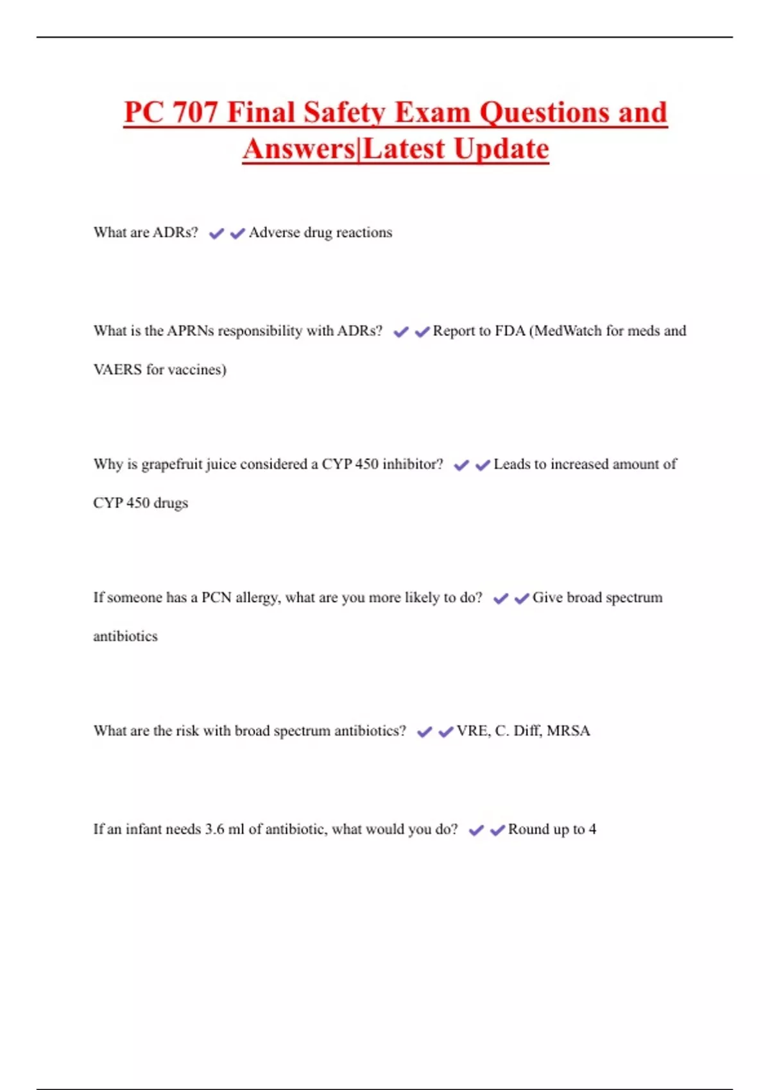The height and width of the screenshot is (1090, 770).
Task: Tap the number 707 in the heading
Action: [x=195, y=113]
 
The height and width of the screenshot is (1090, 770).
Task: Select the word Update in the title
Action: [x=502, y=149]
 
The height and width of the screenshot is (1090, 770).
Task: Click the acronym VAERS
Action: [x=117, y=370]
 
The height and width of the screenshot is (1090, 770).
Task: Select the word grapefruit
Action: [x=171, y=464]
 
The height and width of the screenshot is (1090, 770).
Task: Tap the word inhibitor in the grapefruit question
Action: [x=412, y=464]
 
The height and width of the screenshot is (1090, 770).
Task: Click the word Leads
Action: [x=511, y=464]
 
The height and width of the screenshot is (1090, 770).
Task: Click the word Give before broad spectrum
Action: [x=547, y=598]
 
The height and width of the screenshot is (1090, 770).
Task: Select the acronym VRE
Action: [x=472, y=731]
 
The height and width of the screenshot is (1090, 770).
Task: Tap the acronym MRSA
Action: [x=568, y=731]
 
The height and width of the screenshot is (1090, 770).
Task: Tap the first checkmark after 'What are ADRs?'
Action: [x=216, y=233]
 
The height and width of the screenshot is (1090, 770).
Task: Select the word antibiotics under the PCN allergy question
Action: [x=125, y=637]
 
